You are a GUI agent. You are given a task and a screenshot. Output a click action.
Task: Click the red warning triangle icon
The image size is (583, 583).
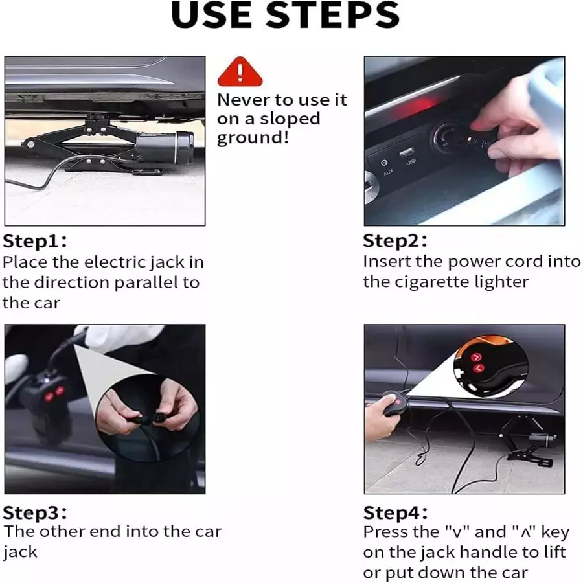point(240,72)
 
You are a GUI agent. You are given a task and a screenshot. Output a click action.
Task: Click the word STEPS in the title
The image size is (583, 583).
point(332,16)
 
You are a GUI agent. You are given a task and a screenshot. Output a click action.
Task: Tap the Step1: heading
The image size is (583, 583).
point(34,241)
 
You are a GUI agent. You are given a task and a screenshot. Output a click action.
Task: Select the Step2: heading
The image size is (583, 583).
point(395,240)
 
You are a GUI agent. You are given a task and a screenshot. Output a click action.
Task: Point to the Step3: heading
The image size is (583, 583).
point(34,513)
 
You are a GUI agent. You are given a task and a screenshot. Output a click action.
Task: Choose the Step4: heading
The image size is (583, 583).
point(395,513)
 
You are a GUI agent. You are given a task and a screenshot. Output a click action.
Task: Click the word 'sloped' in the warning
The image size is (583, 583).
point(290,119)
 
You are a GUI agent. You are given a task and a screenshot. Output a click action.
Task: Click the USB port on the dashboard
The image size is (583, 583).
point(406,152)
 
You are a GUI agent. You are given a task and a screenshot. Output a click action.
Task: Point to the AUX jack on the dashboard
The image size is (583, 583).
point(384,163)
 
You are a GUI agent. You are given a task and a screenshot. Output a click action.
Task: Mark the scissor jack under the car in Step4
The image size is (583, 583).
point(529,441)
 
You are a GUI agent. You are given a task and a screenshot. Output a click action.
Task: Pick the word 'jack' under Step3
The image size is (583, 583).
point(21,552)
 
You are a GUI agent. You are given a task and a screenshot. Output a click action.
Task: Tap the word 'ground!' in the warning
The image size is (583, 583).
point(253,138)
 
